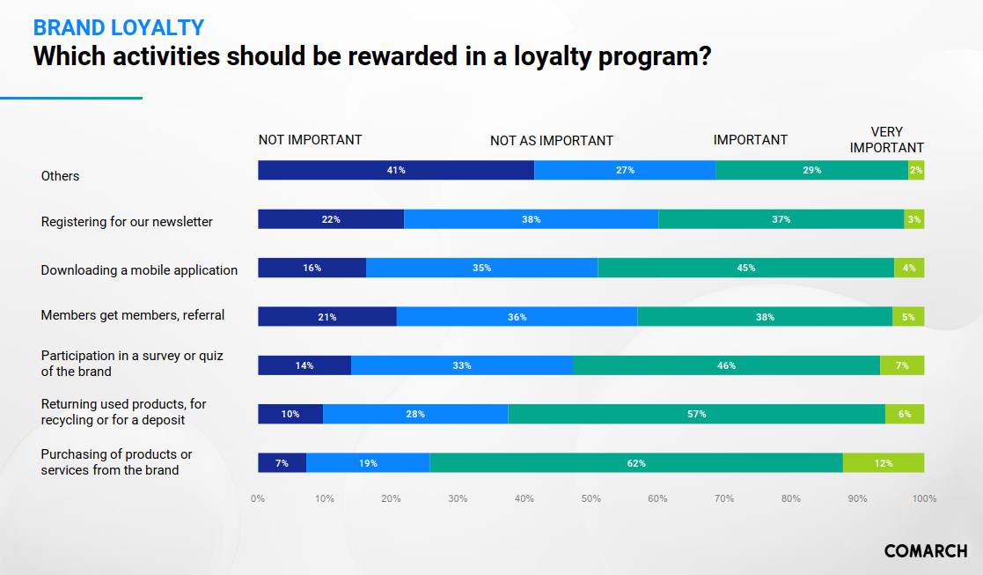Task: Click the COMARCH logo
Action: click(x=925, y=551)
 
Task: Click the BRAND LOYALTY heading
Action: click(x=119, y=27)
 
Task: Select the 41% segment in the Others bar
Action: click(x=396, y=170)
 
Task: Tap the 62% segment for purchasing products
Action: click(x=636, y=462)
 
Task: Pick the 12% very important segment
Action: click(x=884, y=462)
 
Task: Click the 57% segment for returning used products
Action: click(x=696, y=414)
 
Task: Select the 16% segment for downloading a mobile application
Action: click(x=312, y=268)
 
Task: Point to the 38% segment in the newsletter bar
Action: click(x=531, y=219)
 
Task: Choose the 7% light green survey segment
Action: click(x=902, y=365)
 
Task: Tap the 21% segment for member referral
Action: click(x=326, y=316)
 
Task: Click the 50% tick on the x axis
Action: click(x=591, y=498)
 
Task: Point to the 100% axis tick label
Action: click(x=924, y=498)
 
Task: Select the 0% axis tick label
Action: click(x=258, y=498)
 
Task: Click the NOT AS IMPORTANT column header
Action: click(x=552, y=141)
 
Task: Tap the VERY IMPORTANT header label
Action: click(x=886, y=140)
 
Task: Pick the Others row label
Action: click(x=60, y=176)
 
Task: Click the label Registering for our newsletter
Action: click(x=127, y=222)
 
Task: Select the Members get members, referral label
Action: click(x=133, y=315)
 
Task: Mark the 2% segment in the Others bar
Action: click(x=916, y=170)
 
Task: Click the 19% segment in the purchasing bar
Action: click(x=367, y=462)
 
